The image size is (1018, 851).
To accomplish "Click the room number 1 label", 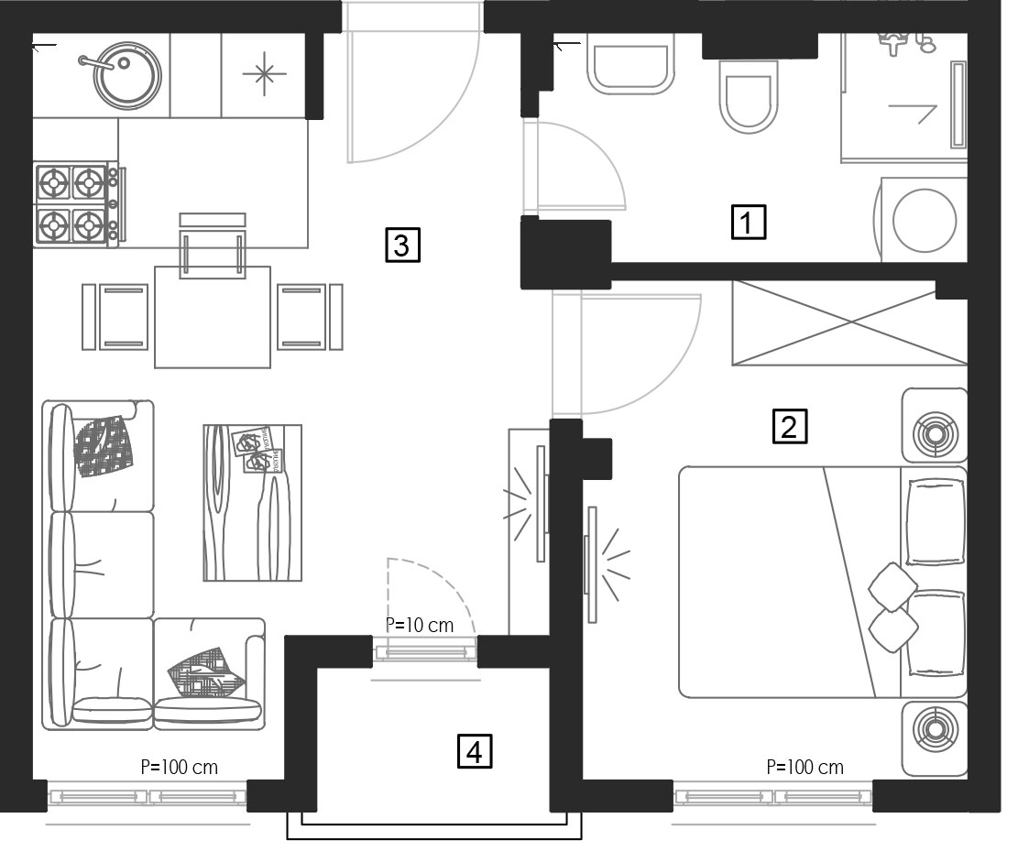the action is click(748, 222).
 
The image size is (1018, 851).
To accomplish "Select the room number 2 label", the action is click(790, 427).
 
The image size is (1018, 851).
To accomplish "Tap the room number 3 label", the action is click(402, 245).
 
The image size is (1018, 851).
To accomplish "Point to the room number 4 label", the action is click(475, 751).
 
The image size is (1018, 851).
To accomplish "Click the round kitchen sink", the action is click(126, 74).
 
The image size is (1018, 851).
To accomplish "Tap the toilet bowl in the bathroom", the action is click(749, 97).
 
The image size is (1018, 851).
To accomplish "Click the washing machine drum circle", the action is click(924, 221).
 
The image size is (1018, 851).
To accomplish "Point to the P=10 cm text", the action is click(420, 625).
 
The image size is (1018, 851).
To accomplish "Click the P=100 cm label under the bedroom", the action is click(805, 768).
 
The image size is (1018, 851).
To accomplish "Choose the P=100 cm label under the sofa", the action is click(180, 767).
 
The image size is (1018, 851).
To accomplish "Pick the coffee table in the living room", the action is click(253, 502).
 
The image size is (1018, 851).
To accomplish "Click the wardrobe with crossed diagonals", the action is click(849, 322).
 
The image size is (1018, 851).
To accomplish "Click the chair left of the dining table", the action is click(115, 317).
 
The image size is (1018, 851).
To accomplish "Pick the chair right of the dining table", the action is click(310, 317).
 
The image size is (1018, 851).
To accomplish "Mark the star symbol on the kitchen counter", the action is click(264, 73).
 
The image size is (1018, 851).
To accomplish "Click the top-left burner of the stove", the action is click(53, 183).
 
